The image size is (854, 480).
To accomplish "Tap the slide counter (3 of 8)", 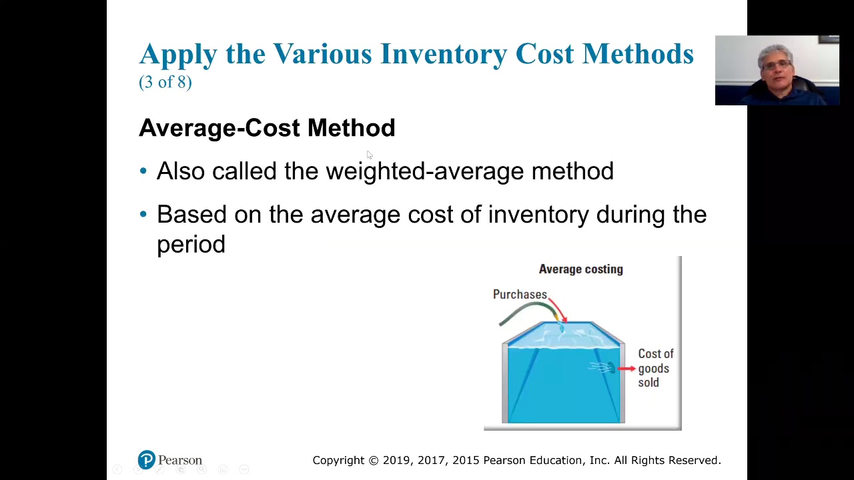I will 165,82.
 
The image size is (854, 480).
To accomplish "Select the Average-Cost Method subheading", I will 267,128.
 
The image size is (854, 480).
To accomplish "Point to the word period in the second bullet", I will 191,245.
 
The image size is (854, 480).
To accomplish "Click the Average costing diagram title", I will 580,269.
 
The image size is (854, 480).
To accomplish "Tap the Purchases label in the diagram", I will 520,295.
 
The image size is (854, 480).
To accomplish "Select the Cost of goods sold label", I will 655,368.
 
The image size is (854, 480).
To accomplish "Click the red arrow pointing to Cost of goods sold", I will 626,368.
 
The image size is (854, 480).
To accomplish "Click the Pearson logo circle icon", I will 146,460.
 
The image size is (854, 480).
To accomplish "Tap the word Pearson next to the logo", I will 180,461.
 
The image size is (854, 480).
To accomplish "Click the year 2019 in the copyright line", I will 397,461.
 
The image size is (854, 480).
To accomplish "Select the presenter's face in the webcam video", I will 776,65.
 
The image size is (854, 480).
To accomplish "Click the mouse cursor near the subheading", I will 369,155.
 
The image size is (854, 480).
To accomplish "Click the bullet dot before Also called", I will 143,172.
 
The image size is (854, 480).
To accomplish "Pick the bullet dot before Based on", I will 143,215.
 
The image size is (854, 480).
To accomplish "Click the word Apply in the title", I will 178,54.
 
